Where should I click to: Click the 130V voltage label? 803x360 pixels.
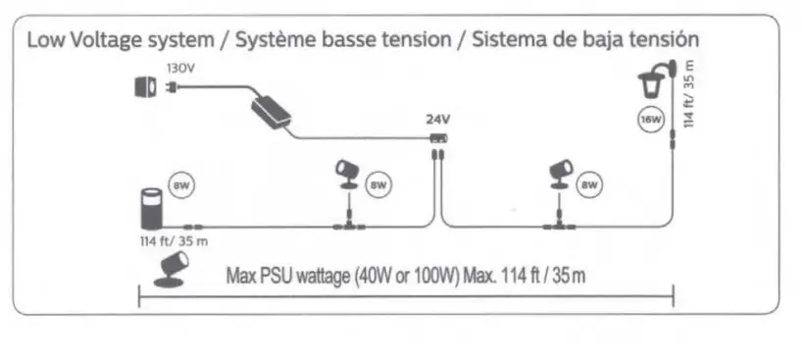[x=179, y=69]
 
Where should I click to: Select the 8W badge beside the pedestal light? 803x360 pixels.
[x=180, y=184]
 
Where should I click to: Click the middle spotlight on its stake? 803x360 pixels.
[x=347, y=176]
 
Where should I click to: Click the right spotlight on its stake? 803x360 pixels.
[x=561, y=176]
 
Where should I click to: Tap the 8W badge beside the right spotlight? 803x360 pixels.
[x=589, y=183]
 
